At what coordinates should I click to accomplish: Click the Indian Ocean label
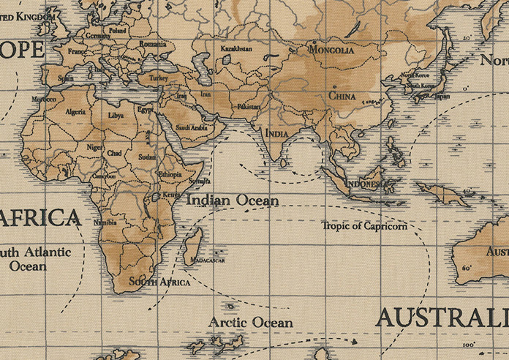point(233,200)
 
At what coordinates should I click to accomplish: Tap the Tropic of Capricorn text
point(364,225)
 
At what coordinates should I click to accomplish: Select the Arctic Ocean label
point(251,322)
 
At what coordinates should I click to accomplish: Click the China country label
point(342,96)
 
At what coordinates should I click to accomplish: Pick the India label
point(276,134)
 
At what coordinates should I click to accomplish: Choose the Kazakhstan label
point(236,48)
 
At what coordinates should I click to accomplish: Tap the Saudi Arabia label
point(192,127)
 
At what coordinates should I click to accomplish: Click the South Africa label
point(159,282)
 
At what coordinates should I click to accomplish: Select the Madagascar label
point(207,260)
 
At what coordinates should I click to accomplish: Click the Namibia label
point(105,222)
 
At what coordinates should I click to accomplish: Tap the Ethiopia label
point(170,175)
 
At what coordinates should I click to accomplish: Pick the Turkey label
point(159,78)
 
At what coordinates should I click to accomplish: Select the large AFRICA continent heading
point(40,217)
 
